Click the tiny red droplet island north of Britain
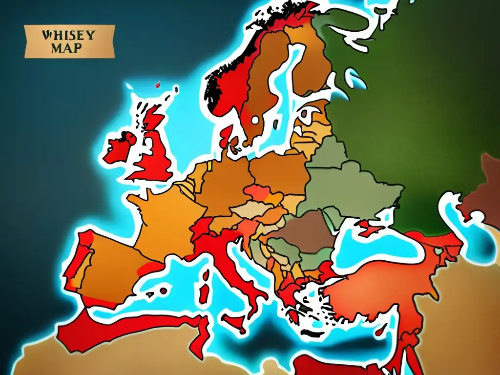(x=158, y=85)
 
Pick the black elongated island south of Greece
(x=312, y=332)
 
